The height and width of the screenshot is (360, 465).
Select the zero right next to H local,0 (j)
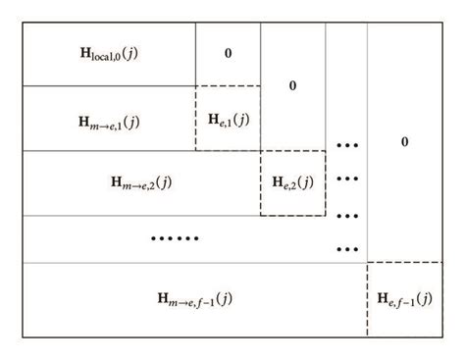coord(228,52)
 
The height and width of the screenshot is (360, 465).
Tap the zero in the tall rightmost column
coord(404,143)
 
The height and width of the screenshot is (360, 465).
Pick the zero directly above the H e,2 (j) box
coord(292,85)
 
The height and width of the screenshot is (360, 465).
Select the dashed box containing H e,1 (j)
coord(228,119)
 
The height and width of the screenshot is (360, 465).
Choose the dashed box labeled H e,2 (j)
coord(292,182)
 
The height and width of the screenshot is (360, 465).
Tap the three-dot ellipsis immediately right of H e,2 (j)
coord(346,180)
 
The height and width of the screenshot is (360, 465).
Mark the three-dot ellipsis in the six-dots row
coord(346,248)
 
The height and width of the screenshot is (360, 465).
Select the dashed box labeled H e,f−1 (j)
coord(404,297)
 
